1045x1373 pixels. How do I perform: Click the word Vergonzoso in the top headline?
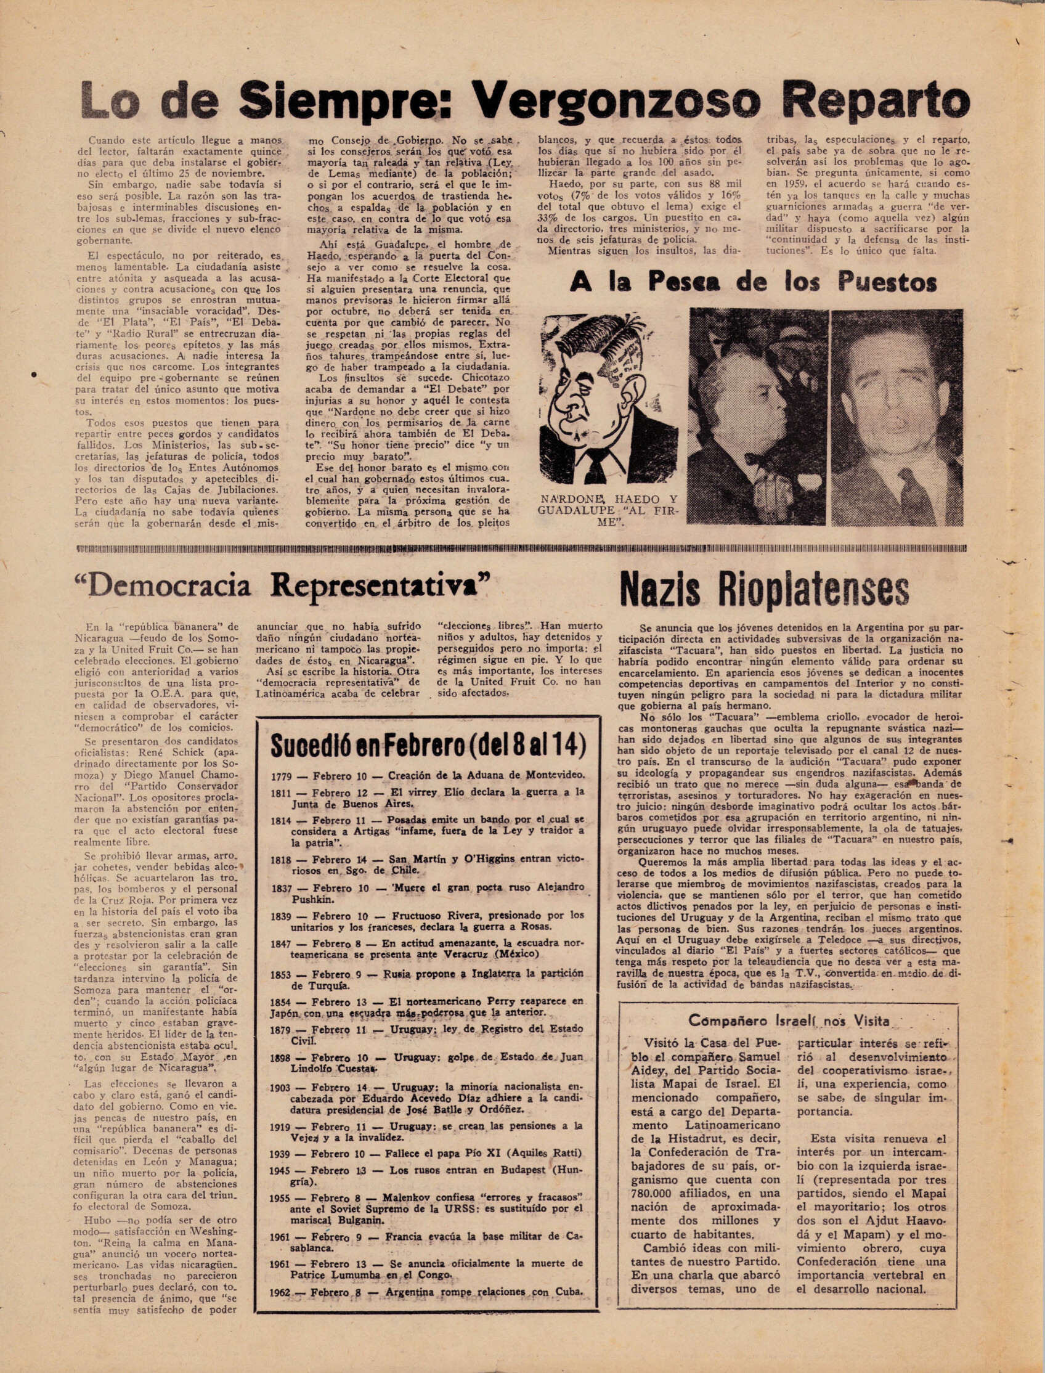click(615, 100)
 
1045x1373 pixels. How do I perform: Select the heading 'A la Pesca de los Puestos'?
click(754, 282)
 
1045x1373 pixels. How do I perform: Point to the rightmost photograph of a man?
click(897, 417)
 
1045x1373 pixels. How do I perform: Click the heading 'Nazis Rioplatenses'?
click(764, 589)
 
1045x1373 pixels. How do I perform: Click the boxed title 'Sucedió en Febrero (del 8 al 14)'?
click(429, 745)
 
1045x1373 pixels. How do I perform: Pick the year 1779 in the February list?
click(281, 776)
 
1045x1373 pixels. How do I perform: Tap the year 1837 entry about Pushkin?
click(281, 888)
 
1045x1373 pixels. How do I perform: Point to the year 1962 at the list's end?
click(280, 1292)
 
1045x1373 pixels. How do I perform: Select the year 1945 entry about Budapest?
click(280, 1170)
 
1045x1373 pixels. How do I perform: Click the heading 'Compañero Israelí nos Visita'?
click(789, 1021)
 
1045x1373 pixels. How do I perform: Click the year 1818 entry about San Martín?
click(281, 859)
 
